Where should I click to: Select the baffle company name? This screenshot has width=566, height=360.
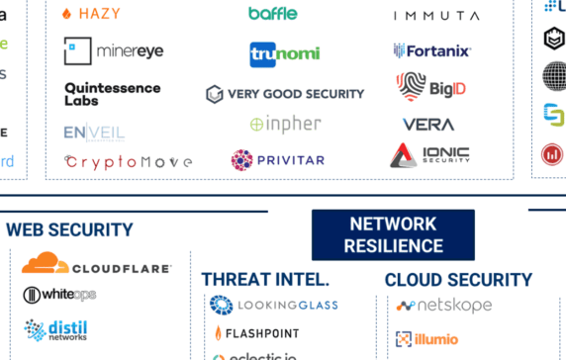(x=272, y=14)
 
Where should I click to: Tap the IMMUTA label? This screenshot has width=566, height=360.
(x=436, y=16)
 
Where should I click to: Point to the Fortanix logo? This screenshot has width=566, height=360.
(x=432, y=50)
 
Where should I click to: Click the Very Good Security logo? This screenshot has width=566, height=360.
(x=285, y=94)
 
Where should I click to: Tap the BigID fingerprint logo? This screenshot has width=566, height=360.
(x=411, y=86)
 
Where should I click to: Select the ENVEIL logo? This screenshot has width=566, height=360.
(x=94, y=133)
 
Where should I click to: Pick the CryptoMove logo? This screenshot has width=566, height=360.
(x=128, y=161)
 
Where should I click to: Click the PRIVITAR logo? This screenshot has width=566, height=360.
(x=279, y=159)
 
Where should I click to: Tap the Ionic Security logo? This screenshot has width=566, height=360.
(x=429, y=155)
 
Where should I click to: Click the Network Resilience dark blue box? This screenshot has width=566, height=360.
(x=393, y=234)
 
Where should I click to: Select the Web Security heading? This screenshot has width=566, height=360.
(x=69, y=230)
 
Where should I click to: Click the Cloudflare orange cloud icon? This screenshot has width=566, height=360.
(x=46, y=265)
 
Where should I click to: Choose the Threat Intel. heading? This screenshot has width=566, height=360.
(x=265, y=279)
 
